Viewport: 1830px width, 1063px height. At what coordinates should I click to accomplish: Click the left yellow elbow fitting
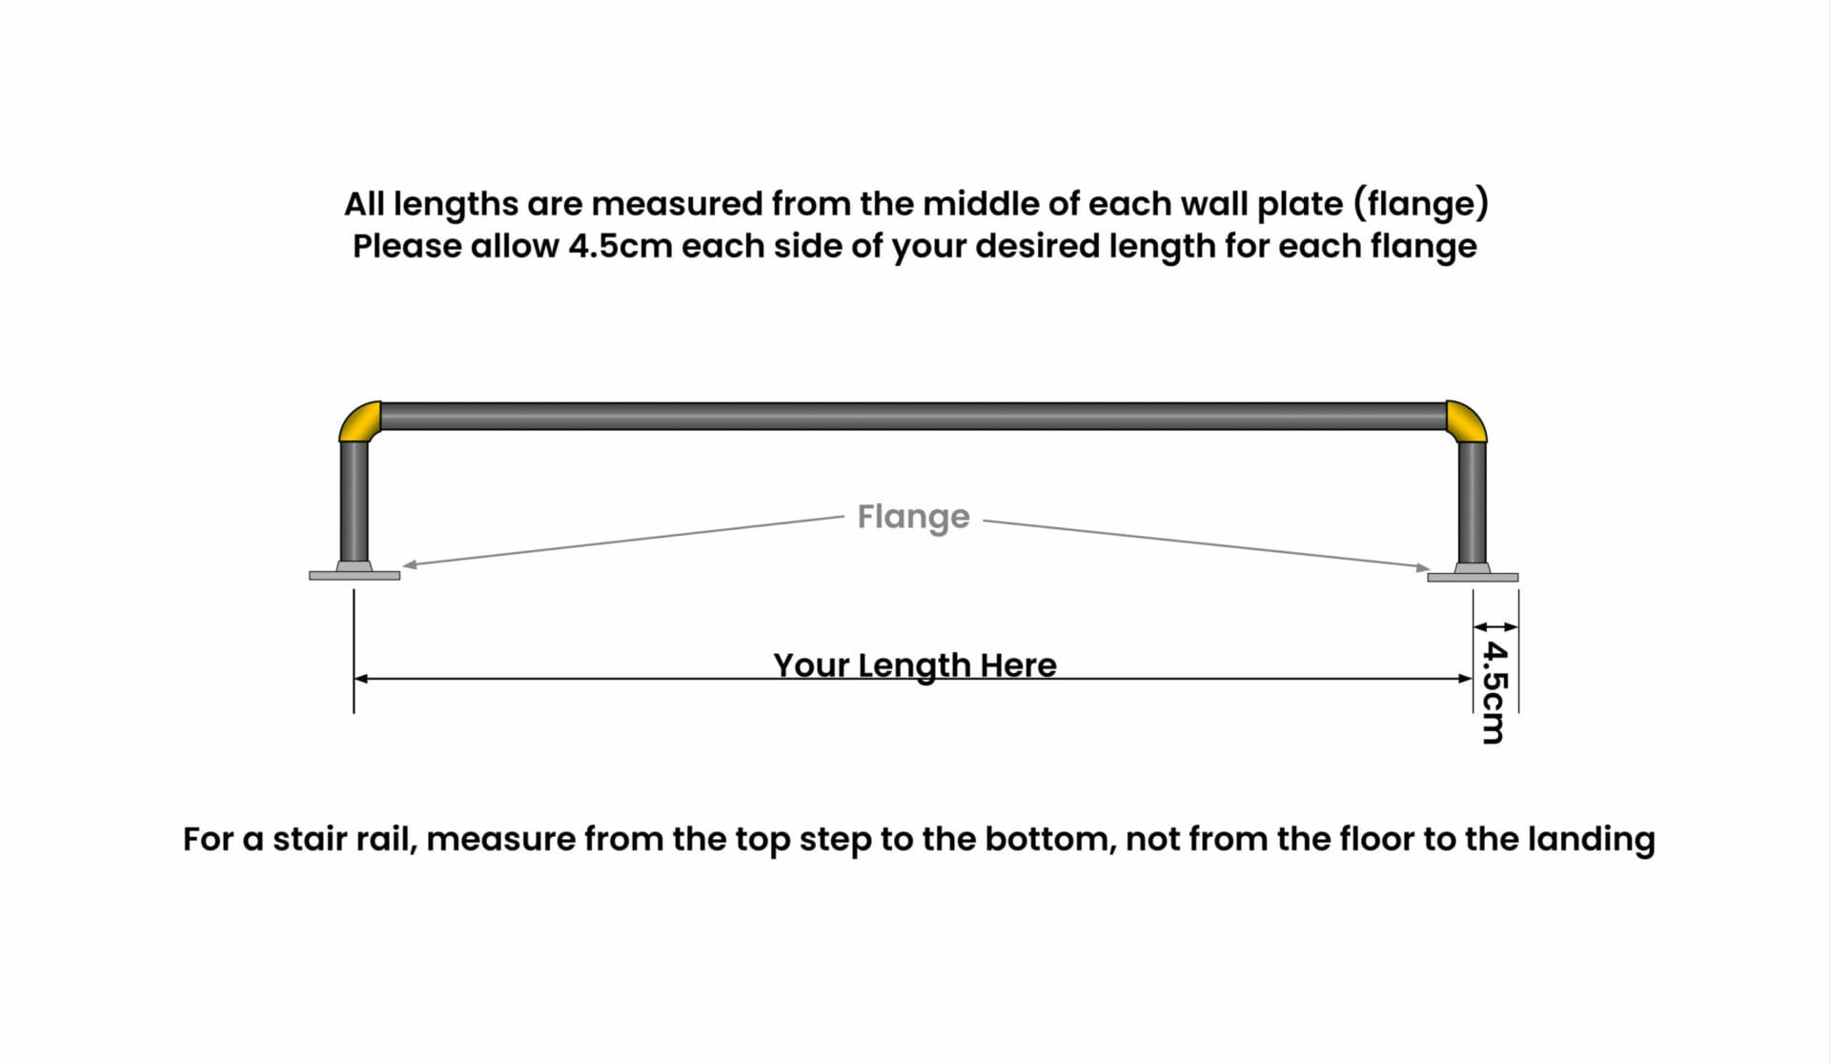(359, 420)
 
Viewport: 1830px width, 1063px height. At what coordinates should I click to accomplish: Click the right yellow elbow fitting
(1466, 420)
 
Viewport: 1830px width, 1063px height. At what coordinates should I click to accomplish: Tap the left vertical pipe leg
(354, 501)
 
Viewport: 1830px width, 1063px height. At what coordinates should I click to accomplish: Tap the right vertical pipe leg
(1473, 501)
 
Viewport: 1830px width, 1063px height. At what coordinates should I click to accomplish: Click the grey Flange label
(913, 518)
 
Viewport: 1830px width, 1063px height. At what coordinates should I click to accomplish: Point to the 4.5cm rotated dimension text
(1494, 692)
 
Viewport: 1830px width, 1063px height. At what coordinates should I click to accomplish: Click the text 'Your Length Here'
(915, 664)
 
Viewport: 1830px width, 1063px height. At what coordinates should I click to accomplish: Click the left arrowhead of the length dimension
(361, 679)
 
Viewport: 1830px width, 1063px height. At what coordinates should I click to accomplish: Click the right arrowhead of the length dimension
(1465, 679)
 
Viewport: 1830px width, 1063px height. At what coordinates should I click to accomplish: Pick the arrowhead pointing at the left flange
(410, 564)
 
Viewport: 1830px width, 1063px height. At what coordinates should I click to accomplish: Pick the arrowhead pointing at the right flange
(1423, 567)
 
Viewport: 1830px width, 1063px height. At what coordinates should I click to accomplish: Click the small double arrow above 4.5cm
(1495, 626)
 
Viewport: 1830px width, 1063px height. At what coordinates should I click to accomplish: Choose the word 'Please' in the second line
(407, 246)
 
